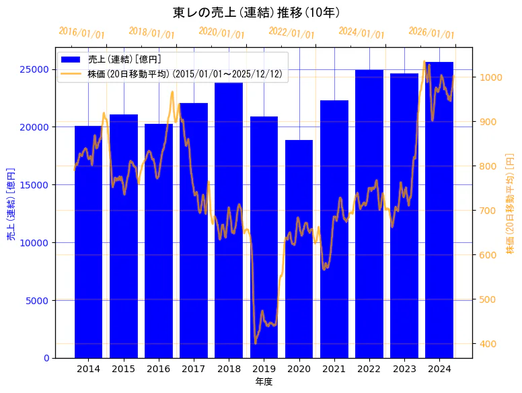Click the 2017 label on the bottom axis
194,369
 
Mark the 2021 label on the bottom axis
334,369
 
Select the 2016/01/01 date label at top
82,33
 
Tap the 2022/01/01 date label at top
291,33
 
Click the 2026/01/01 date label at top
431,33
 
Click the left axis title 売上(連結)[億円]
11,203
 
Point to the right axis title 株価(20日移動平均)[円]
509,203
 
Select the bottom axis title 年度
264,382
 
